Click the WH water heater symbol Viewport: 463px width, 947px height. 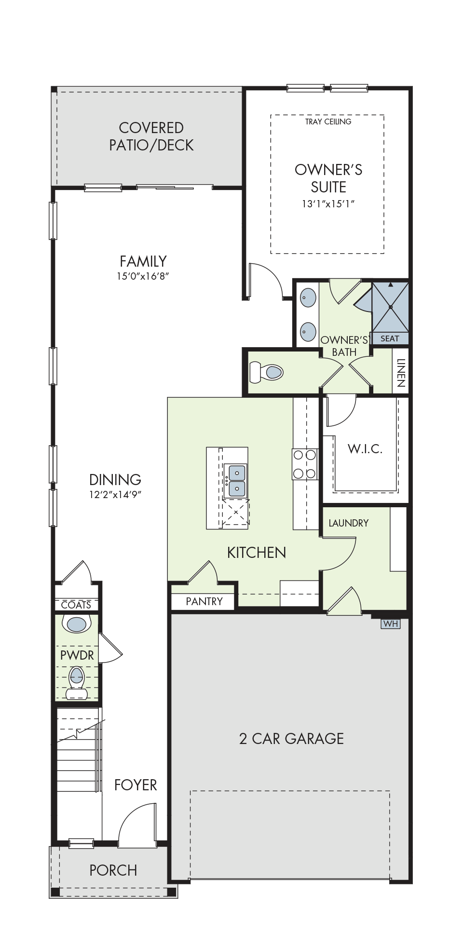[x=390, y=623]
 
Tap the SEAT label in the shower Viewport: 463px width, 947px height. [x=390, y=338]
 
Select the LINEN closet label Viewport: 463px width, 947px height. [x=401, y=373]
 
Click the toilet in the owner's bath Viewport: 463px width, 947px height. [x=266, y=372]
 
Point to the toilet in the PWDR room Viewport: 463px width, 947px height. [x=77, y=682]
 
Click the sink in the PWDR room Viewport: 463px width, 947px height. [x=77, y=624]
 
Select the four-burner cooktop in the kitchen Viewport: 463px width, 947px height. [x=304, y=464]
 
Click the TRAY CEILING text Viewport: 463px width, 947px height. [x=328, y=122]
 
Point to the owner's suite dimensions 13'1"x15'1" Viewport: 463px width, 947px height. [x=328, y=204]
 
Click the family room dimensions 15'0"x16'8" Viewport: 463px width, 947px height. [x=143, y=276]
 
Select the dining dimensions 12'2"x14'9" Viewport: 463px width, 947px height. [x=115, y=494]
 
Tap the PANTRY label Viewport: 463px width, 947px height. [x=204, y=601]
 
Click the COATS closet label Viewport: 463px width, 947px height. [x=76, y=605]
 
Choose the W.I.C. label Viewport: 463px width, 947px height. [x=365, y=449]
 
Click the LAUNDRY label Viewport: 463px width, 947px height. [x=349, y=523]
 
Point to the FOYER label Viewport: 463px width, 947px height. [x=136, y=785]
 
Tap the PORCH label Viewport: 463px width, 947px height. [x=113, y=870]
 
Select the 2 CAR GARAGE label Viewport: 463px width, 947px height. [x=292, y=739]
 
